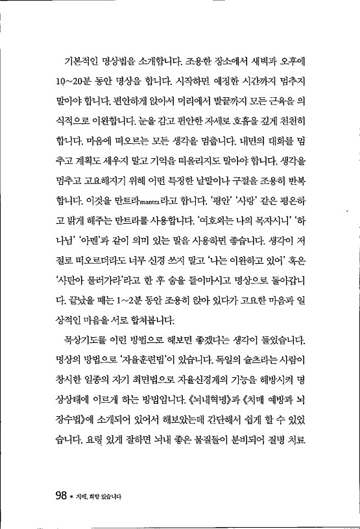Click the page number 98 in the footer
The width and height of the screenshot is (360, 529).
click(62, 497)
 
